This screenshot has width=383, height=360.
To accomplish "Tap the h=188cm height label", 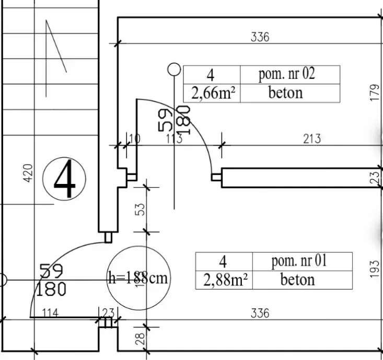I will click(137, 277).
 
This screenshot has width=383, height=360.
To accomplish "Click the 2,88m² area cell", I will click(224, 280).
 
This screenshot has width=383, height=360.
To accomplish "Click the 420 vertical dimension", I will click(28, 173).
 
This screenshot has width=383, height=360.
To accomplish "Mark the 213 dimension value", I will click(312, 139).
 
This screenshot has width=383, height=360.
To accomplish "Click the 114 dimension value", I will click(50, 313).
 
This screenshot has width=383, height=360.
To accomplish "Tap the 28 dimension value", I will click(140, 339).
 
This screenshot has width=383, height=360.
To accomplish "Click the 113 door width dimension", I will click(173, 139).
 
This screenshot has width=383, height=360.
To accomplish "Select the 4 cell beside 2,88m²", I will click(224, 261).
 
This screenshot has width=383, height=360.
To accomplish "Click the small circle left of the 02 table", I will click(174, 69).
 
